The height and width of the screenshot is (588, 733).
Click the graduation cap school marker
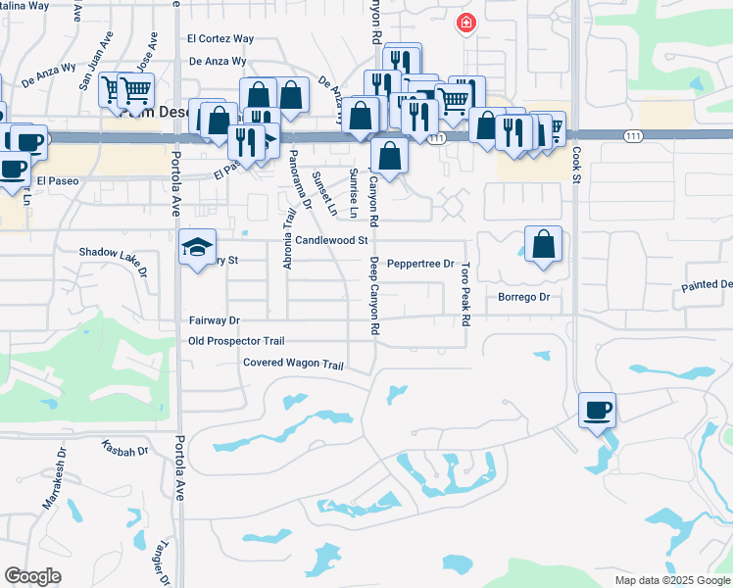[x=197, y=246]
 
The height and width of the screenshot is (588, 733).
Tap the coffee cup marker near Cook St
[x=597, y=409]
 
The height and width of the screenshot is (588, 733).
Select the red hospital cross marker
[x=466, y=23]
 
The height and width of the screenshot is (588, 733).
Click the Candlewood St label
[x=331, y=239]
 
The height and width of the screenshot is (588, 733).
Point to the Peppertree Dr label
[x=420, y=264]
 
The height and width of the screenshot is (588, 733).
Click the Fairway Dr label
[x=215, y=320]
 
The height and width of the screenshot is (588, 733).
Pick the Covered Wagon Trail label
[x=294, y=365]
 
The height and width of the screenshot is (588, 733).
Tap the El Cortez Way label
[x=220, y=39]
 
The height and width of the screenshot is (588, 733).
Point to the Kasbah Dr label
[x=124, y=450]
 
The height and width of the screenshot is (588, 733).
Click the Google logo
[x=32, y=576]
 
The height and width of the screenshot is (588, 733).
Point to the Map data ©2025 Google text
[x=671, y=580]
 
